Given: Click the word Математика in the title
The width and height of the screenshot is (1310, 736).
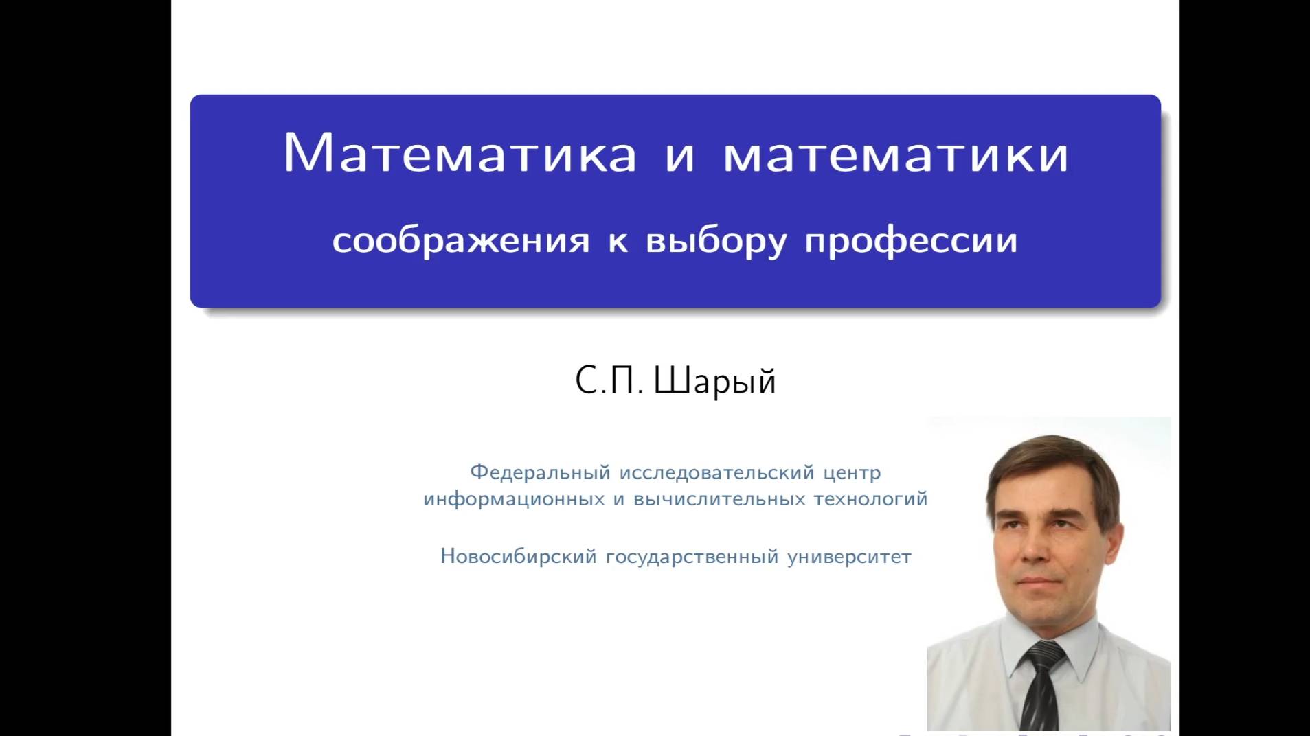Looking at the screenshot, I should [460, 152].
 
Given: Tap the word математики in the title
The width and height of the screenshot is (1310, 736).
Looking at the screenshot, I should [896, 152].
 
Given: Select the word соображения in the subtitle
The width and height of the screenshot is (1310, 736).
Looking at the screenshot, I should [461, 241].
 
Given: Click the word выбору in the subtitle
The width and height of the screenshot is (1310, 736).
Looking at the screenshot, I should [716, 241].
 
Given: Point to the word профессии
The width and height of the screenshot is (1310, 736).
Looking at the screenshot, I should [911, 241].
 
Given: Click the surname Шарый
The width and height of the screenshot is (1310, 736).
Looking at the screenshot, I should [714, 380].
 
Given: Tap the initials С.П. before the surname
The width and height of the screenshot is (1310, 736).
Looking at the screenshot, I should [609, 380].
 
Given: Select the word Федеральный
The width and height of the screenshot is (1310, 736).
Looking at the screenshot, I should [540, 472].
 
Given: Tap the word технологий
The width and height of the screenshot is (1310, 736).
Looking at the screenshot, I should [870, 499].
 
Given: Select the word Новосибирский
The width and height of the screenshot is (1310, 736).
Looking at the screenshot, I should [519, 556].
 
